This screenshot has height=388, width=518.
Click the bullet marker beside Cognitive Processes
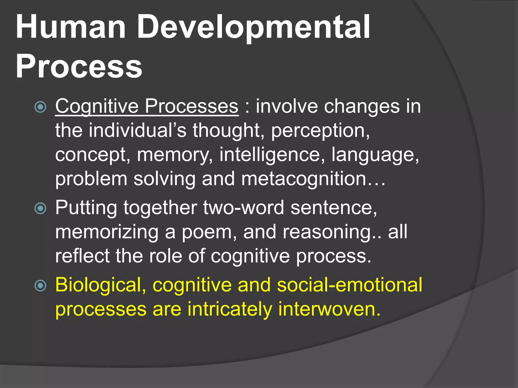coord(40,107)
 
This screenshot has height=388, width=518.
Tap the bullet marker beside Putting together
coord(40,208)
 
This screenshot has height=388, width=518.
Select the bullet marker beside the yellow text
coord(40,286)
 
